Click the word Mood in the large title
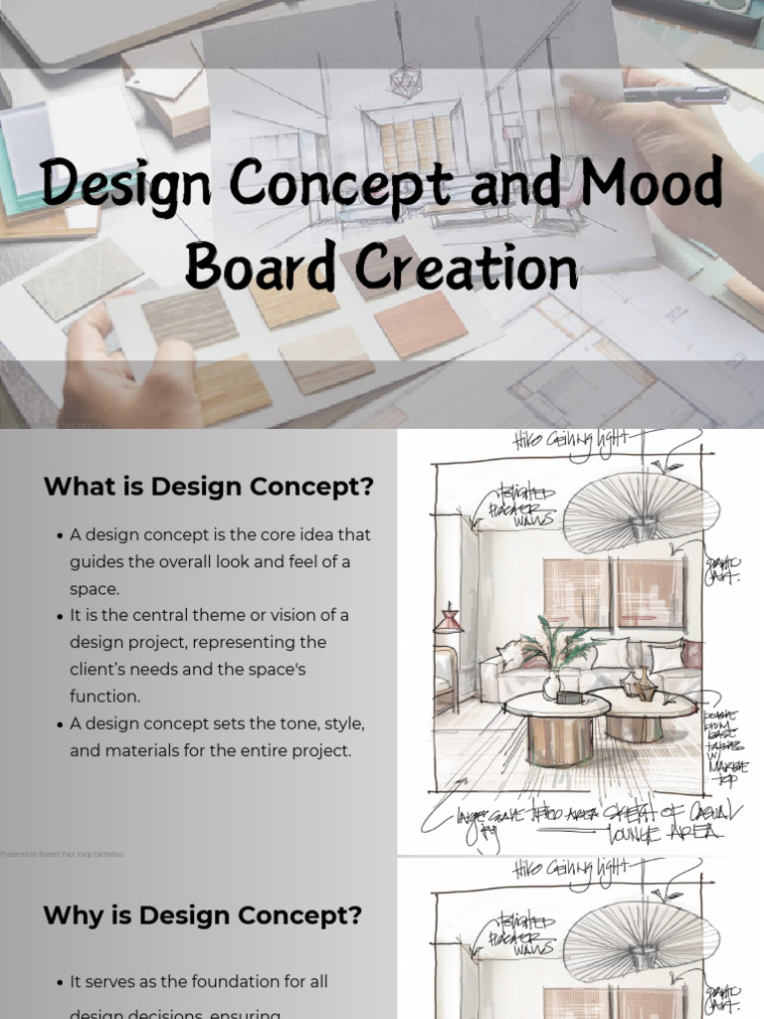click(x=651, y=185)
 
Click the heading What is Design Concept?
click(x=208, y=488)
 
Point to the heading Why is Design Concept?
click(x=202, y=915)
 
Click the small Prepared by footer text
click(x=63, y=854)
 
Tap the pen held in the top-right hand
click(x=676, y=96)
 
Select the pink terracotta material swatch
click(x=421, y=323)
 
